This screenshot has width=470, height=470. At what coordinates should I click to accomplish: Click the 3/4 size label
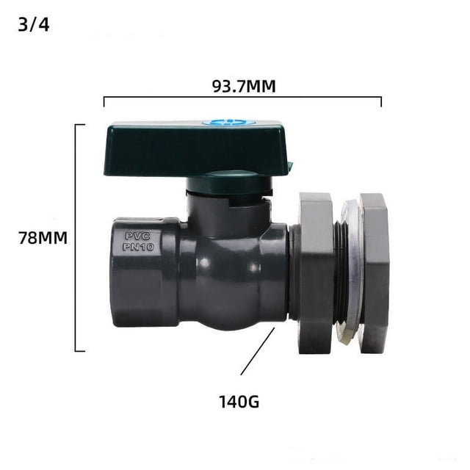tap(34, 25)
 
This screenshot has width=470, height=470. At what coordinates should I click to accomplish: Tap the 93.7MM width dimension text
tap(244, 87)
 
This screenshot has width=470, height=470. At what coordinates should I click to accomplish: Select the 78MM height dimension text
tap(43, 238)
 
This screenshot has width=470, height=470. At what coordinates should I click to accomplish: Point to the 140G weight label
tap(239, 402)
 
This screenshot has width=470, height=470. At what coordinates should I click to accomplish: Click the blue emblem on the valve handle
tap(229, 123)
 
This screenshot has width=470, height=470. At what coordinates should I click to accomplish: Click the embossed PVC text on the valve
tap(137, 236)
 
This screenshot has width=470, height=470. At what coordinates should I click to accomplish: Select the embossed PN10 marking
tap(138, 247)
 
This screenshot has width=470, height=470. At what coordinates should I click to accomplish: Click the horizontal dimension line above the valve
tap(242, 97)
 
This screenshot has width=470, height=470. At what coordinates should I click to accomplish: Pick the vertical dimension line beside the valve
tap(75, 237)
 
